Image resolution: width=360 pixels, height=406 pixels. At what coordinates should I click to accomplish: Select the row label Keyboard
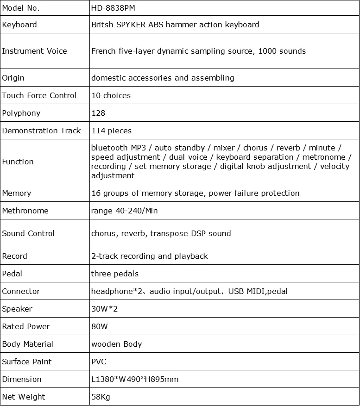tap(19, 25)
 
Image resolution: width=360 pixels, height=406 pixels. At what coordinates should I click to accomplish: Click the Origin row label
tap(13, 78)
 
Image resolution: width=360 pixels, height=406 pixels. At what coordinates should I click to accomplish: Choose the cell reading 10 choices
tap(111, 95)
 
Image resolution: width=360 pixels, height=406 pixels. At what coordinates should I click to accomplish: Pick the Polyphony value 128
tap(98, 113)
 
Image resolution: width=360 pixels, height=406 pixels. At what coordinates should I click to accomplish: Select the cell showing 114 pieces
tap(112, 131)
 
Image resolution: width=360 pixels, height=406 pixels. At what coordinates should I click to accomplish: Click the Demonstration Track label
tap(42, 131)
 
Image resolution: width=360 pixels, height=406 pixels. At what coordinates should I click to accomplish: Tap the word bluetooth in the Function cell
tap(109, 148)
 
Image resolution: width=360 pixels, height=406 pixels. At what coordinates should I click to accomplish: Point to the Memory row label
tap(17, 193)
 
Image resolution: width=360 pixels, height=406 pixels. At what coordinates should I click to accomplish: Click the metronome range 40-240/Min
tap(125, 211)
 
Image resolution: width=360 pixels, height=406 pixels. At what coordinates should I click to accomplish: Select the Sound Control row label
tap(28, 233)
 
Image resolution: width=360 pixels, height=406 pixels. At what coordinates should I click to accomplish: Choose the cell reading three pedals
tap(115, 274)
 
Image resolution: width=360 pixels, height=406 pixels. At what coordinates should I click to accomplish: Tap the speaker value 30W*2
tap(105, 309)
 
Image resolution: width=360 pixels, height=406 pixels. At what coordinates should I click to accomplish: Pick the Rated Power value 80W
tap(100, 326)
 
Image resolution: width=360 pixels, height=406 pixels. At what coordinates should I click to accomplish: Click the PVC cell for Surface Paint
tap(99, 362)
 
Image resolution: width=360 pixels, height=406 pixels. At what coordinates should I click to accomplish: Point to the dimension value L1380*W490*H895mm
tap(135, 379)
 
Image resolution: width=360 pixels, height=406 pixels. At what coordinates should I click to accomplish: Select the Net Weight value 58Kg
tap(101, 397)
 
